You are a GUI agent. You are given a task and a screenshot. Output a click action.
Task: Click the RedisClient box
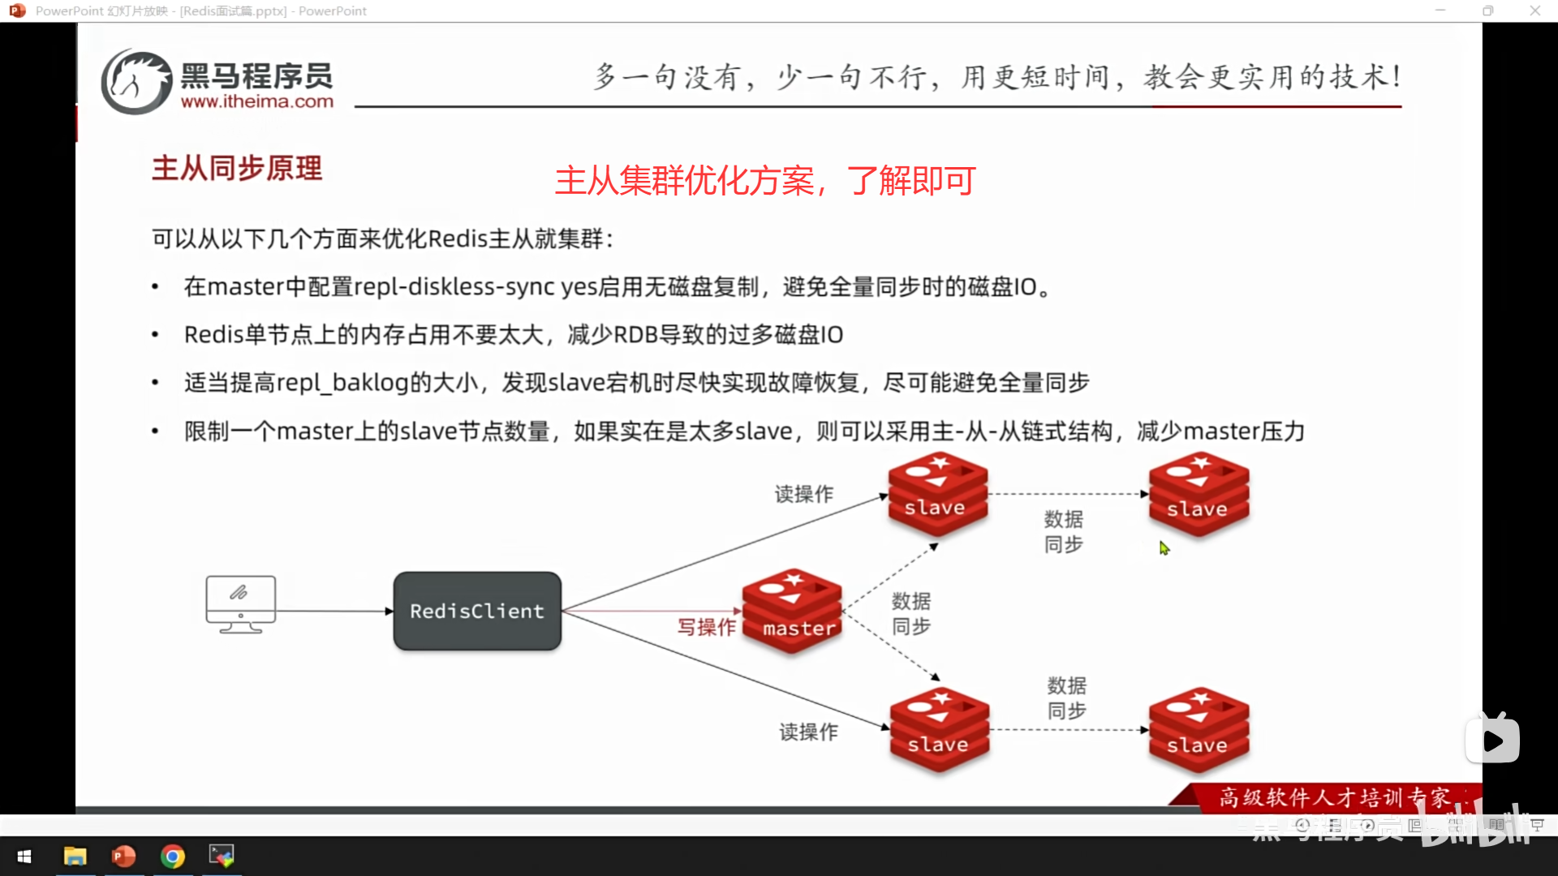click(477, 611)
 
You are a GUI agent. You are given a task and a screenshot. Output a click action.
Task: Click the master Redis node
click(793, 610)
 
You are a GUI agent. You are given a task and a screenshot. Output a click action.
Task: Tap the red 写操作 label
click(707, 627)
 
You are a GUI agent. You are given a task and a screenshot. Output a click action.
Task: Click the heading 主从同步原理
click(237, 169)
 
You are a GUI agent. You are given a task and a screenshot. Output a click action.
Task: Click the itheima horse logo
click(136, 81)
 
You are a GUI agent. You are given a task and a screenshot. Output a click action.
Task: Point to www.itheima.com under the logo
click(256, 101)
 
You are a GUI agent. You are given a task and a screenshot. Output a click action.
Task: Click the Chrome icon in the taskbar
click(172, 856)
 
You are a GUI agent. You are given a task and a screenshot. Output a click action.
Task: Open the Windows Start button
click(24, 856)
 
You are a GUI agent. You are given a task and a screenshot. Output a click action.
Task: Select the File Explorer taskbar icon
click(75, 856)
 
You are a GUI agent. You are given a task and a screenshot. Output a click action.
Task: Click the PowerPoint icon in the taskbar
click(123, 856)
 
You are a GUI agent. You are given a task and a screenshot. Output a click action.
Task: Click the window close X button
click(1534, 11)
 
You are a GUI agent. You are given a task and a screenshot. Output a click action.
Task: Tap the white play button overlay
click(1493, 740)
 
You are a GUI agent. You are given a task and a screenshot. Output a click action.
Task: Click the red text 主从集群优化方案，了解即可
click(764, 181)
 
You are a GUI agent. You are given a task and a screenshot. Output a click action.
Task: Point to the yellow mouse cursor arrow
click(1164, 548)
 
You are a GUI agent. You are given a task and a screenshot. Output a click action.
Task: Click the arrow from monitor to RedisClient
click(334, 611)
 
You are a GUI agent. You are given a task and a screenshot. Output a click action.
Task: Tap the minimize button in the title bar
click(1440, 11)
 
